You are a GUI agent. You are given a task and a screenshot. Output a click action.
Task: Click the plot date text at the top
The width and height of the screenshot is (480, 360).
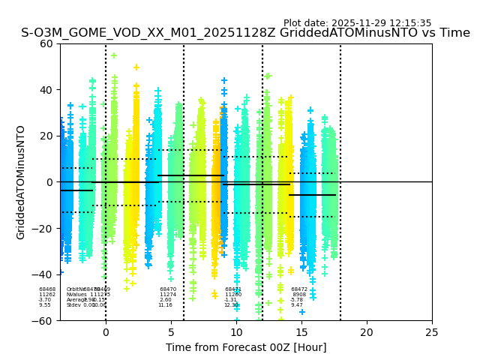coord(357,23)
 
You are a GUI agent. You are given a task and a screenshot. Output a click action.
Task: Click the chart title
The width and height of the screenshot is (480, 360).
coord(245,33)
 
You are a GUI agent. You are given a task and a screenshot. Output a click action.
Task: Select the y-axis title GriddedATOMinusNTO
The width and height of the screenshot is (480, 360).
coord(21,182)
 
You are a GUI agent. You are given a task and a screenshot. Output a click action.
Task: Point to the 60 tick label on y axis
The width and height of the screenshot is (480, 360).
coord(46,43)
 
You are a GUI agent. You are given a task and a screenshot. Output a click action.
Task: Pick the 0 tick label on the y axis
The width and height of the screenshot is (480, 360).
coord(49,182)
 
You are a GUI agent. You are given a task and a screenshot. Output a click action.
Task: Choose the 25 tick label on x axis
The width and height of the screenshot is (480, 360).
coord(432,331)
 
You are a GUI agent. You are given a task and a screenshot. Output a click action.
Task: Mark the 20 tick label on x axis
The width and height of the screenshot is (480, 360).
coord(367,331)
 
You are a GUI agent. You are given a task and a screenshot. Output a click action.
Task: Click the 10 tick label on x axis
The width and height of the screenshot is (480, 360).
coord(236,331)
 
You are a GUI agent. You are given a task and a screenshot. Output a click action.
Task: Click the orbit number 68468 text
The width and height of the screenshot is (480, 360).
coord(47,289)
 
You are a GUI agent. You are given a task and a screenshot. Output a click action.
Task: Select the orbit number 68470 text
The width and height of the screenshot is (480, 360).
coord(168,289)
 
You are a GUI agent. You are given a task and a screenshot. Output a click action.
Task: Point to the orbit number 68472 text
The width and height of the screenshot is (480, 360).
coord(299,289)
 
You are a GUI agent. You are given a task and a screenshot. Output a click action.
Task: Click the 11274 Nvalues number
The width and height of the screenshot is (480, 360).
coord(168,295)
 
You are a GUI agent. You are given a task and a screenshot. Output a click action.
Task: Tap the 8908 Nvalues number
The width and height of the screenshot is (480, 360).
coord(299,295)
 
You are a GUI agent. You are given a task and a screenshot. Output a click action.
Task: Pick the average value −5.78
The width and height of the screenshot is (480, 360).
coord(297,300)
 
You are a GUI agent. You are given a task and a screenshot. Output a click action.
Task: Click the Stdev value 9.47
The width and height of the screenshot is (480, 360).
coord(297,305)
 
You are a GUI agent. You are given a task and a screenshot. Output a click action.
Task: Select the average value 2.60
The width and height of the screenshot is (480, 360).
coord(165,300)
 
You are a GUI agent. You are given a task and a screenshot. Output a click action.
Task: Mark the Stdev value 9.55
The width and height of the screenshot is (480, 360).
coord(45,305)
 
